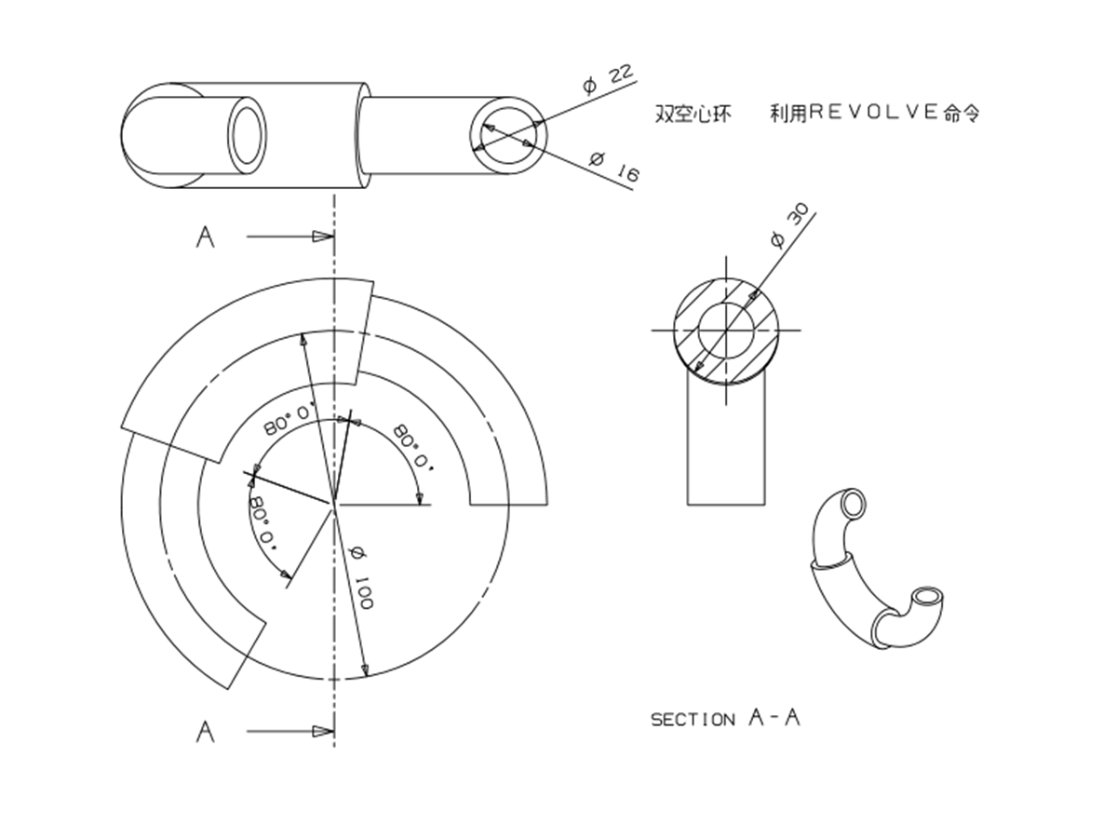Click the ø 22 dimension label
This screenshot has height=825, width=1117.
click(607, 80)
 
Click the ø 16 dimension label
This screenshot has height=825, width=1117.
click(614, 167)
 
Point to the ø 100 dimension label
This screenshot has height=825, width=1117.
click(361, 578)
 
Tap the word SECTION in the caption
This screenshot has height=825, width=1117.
click(693, 720)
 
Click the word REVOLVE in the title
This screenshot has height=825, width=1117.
click(875, 112)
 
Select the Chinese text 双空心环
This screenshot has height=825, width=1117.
click(693, 114)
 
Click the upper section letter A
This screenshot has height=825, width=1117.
click(205, 237)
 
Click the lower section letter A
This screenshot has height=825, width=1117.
click(205, 732)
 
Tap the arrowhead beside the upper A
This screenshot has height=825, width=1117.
click(323, 236)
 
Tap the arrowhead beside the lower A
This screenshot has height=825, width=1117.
click(323, 731)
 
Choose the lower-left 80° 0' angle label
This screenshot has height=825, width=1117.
click(263, 523)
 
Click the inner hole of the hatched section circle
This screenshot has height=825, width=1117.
click(726, 331)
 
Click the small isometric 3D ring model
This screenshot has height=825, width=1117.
click(877, 568)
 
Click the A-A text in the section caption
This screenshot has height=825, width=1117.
click(774, 718)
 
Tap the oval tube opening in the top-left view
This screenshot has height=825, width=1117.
click(247, 135)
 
